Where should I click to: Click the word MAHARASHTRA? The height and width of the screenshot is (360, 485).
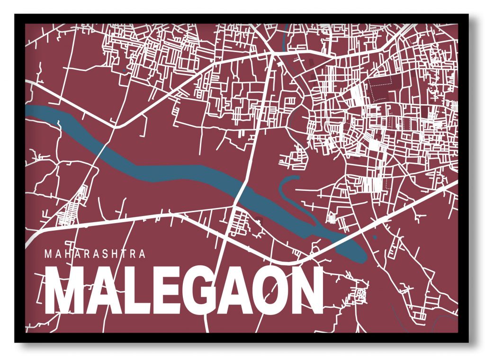click(x=95, y=254)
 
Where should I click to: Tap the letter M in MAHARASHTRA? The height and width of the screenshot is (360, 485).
click(x=48, y=254)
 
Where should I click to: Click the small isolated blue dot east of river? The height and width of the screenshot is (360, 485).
click(x=375, y=237)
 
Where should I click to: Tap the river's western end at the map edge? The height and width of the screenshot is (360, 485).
click(x=28, y=111)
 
